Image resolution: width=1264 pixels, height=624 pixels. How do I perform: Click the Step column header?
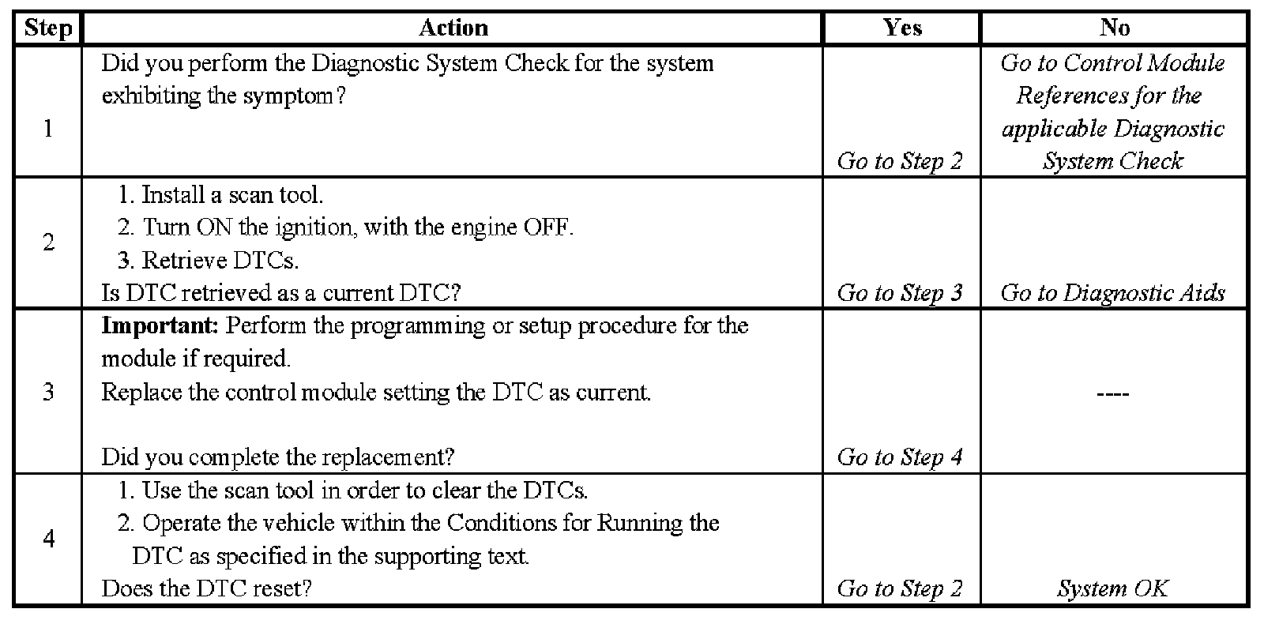click(47, 28)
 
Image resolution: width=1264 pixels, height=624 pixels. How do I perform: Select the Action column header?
click(453, 28)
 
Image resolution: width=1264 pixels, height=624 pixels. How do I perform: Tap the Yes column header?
click(902, 28)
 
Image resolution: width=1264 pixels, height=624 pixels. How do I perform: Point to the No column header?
click(1114, 28)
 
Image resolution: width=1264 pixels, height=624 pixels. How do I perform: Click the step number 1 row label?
click(47, 128)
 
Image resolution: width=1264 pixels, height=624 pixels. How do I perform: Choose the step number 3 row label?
click(47, 392)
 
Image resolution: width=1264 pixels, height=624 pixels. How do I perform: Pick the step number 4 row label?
click(47, 539)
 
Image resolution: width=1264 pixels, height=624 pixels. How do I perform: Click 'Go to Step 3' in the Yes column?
click(900, 293)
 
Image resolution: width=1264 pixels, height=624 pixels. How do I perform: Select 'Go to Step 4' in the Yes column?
click(900, 457)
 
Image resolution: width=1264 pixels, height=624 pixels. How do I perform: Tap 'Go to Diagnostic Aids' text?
click(1112, 293)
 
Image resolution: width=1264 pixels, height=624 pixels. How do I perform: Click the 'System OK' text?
click(1112, 588)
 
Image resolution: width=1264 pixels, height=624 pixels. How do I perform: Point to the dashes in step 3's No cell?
click(1113, 393)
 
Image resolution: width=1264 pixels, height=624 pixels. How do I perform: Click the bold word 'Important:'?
click(160, 326)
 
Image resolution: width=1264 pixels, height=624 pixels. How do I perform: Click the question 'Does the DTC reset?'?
click(207, 588)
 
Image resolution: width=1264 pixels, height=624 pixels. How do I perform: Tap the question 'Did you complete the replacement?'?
click(278, 457)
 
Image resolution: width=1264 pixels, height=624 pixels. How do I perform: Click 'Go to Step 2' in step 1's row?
click(900, 161)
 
